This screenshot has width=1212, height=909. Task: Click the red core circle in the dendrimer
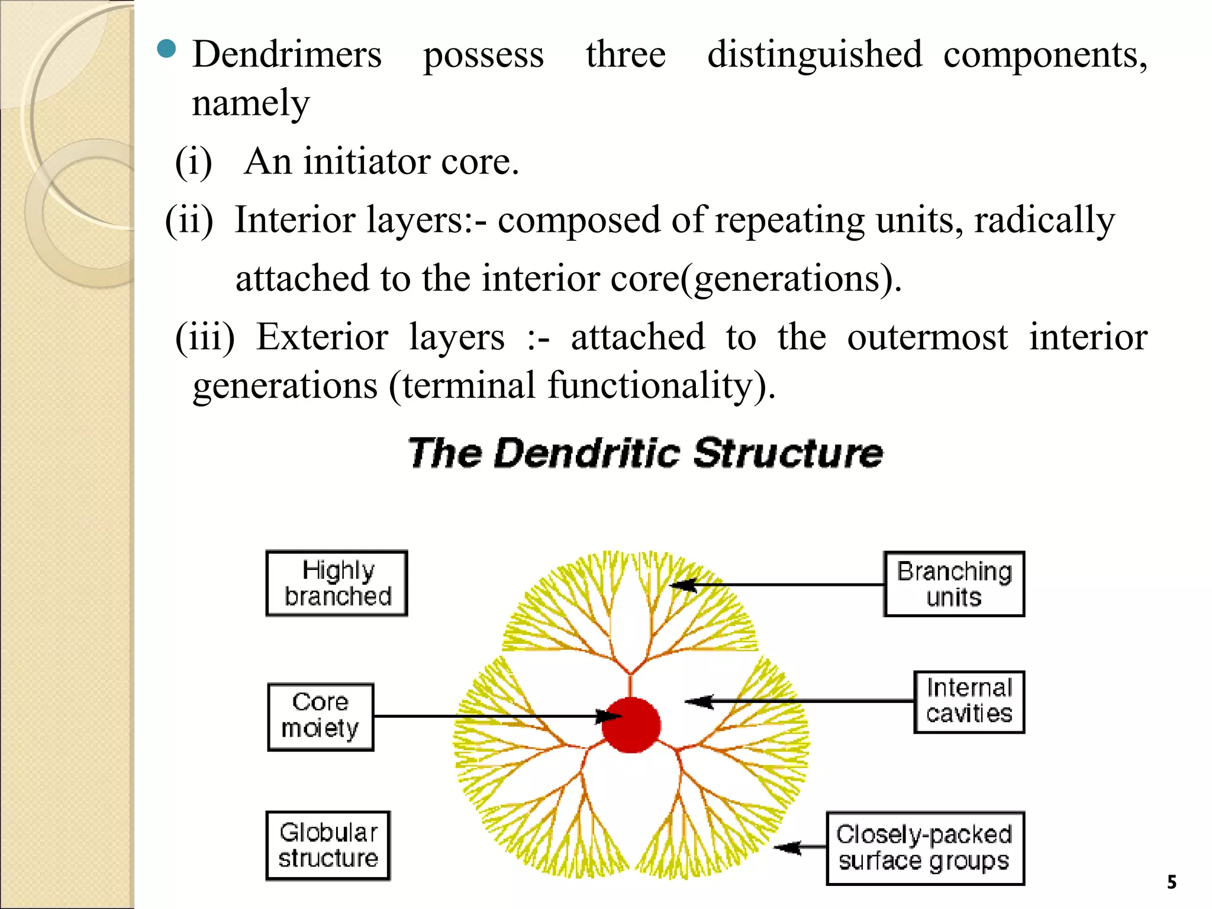(x=631, y=725)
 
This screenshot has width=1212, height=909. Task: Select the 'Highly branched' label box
(x=337, y=584)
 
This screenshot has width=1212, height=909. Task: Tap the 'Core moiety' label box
(x=321, y=717)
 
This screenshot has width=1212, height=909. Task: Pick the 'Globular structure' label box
(x=328, y=846)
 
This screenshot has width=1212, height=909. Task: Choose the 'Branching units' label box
(x=954, y=585)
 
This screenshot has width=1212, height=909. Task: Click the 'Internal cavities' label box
(x=969, y=702)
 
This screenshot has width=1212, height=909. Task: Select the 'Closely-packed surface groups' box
(x=925, y=848)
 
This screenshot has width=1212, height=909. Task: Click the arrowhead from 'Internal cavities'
(x=697, y=702)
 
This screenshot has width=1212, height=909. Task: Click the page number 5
(x=1172, y=882)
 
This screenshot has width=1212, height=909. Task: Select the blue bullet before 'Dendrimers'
(x=167, y=50)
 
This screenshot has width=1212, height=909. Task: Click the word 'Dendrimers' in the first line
(x=287, y=55)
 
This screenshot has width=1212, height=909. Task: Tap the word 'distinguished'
(x=815, y=55)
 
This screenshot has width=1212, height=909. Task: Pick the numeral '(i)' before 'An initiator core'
(x=194, y=162)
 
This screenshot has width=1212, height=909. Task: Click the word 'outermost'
(x=927, y=338)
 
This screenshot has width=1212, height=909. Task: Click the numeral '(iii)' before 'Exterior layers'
(x=205, y=338)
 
